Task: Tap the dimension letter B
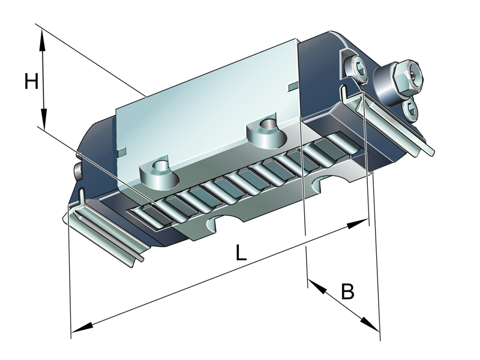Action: [348, 292]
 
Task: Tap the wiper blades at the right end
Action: [393, 123]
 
